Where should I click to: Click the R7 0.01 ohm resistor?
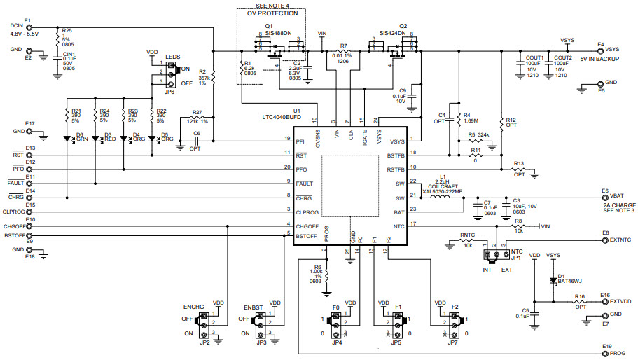(x=343, y=51)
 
